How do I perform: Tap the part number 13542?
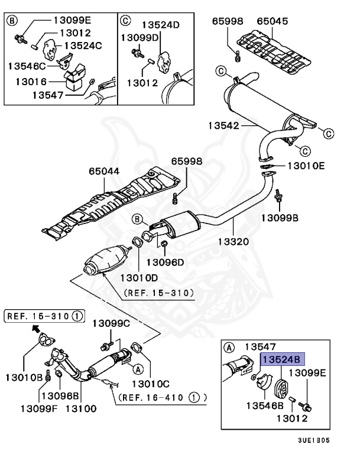223,125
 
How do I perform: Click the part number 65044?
105,171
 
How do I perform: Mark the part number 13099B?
280,218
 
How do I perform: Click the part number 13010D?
140,277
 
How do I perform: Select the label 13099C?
111,323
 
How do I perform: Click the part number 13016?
32,80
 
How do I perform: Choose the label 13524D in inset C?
161,25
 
